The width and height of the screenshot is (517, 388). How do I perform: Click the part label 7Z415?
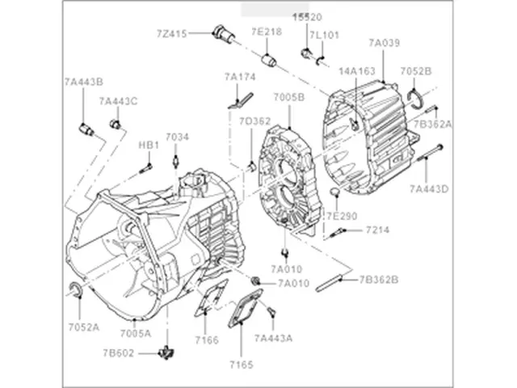coord(172,33)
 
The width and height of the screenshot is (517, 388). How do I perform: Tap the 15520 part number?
coord(310,17)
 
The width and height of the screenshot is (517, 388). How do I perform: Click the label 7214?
coord(377,230)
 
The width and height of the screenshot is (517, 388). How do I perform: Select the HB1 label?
coord(148,145)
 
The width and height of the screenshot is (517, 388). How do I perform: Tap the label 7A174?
coord(240,78)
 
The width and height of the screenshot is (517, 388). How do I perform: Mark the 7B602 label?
coord(117,352)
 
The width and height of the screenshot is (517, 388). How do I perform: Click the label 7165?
coord(241,365)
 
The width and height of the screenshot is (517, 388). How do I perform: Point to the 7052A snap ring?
coord(77,292)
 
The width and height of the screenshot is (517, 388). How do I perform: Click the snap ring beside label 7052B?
coord(418,96)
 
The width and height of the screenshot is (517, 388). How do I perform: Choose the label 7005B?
coord(288,98)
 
